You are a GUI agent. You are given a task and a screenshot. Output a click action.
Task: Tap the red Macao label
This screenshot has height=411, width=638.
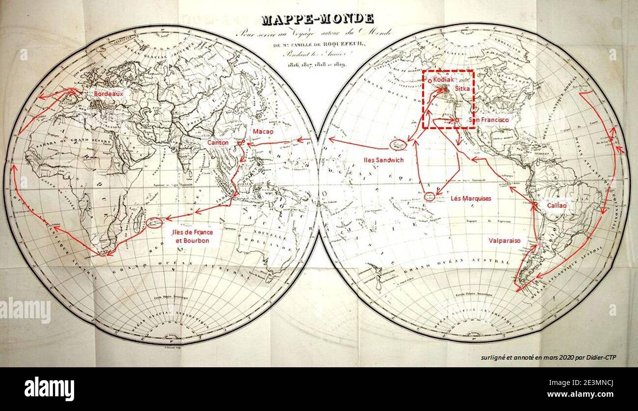263,132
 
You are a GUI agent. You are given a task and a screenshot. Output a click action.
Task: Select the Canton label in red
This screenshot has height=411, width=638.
217,142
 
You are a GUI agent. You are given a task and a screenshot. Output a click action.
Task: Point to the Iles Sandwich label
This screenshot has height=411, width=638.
383,160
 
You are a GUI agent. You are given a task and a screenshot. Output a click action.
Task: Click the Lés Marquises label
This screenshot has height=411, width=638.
471,198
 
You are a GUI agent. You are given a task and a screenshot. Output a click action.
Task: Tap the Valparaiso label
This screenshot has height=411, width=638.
505,241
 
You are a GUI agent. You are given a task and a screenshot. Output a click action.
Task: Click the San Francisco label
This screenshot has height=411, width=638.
489,120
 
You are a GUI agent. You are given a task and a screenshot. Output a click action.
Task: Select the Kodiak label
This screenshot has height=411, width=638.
445,80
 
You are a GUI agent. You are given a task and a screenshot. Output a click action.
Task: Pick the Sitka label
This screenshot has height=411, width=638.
462,89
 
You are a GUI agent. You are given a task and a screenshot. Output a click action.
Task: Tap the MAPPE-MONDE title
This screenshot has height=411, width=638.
318,20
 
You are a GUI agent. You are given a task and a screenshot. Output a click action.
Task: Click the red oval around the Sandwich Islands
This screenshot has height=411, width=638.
398,144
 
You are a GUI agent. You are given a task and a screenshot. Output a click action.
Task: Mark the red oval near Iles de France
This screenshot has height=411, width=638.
156,222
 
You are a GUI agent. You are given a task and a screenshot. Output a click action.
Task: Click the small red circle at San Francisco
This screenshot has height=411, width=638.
457,120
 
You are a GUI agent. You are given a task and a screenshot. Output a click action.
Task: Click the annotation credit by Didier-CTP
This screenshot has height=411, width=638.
548,357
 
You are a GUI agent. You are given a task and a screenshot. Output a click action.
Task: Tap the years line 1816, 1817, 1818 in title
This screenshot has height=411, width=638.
318,65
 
